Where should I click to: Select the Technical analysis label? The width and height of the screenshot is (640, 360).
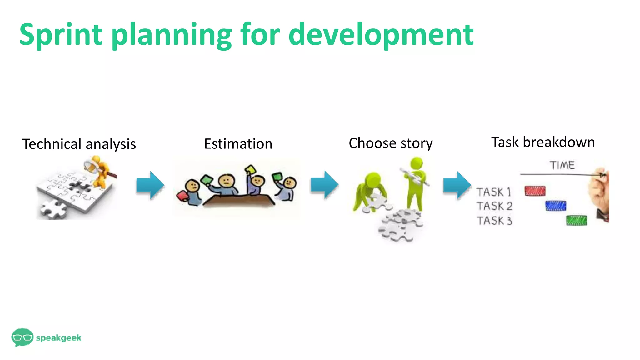coord(79,144)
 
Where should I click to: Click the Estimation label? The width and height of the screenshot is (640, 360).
coord(238,144)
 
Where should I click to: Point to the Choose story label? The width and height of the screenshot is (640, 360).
coord(391,143)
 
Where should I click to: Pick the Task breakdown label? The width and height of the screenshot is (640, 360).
coord(543,142)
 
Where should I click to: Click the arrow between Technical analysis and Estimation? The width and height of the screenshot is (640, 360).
coord(150,185)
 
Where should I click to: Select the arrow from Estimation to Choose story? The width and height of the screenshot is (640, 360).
coord(324,185)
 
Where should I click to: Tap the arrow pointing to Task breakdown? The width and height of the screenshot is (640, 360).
coord(457,185)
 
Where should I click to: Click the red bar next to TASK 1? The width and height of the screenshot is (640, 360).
coord(535,191)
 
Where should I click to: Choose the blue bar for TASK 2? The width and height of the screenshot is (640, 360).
coord(556,206)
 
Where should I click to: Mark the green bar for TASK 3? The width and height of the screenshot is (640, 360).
coord(577,220)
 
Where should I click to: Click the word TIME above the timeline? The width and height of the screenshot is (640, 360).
coord(562,165)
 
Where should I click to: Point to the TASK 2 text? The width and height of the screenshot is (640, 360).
coord(494,206)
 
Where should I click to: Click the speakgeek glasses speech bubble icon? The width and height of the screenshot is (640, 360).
coord(22,337)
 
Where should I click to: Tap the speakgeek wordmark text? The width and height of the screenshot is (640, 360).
coord(59,338)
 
